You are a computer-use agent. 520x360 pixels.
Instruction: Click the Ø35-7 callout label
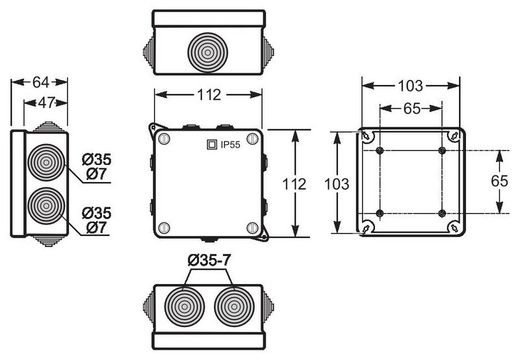[x=208, y=263]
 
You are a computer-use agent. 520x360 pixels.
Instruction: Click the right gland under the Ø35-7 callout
[x=233, y=306]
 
